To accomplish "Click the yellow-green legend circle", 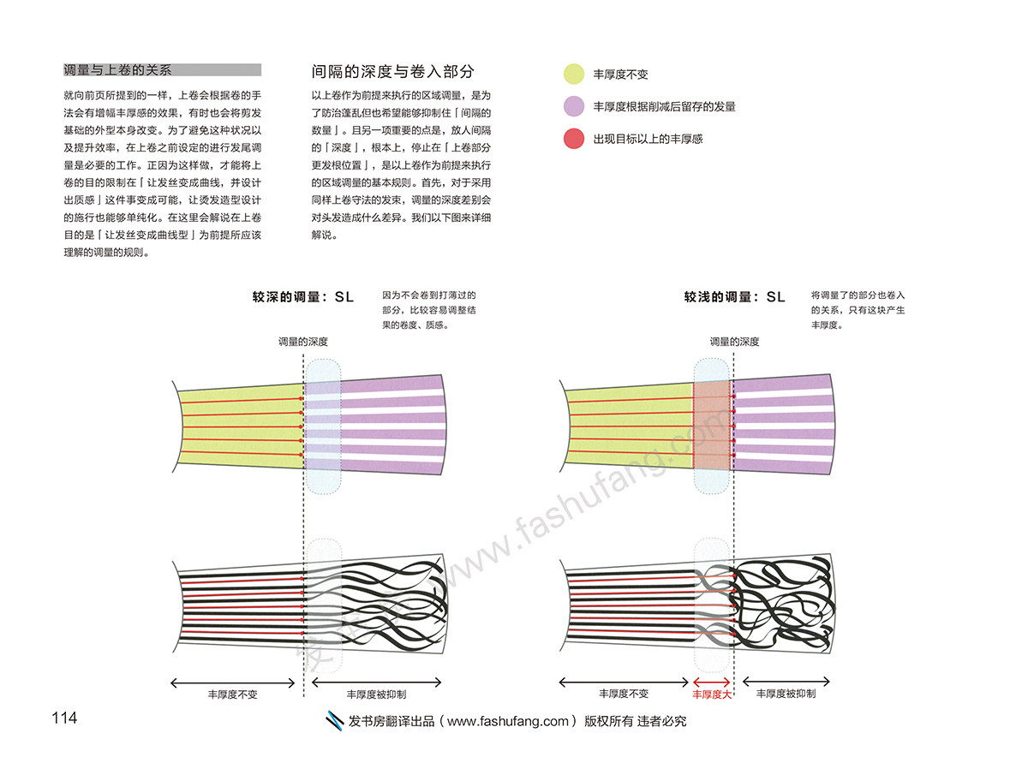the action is (574, 75).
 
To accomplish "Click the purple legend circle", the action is (574, 106).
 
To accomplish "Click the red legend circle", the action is (574, 138).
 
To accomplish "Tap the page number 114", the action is (64, 718).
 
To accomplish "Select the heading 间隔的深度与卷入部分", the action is (393, 72).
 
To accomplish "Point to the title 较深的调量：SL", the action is (302, 297).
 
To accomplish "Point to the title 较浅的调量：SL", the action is (734, 297).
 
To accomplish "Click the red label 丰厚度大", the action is (712, 694).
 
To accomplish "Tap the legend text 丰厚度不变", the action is (621, 75).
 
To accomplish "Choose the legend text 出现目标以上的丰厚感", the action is (648, 139).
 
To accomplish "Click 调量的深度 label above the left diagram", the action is (302, 342).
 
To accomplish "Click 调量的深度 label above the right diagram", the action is (734, 342).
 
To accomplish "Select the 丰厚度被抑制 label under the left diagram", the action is (376, 694).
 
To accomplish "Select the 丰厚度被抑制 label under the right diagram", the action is (786, 694).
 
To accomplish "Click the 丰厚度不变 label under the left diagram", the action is (232, 694).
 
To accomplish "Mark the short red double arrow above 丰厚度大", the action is (712, 683).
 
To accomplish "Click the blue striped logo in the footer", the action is (337, 721).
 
